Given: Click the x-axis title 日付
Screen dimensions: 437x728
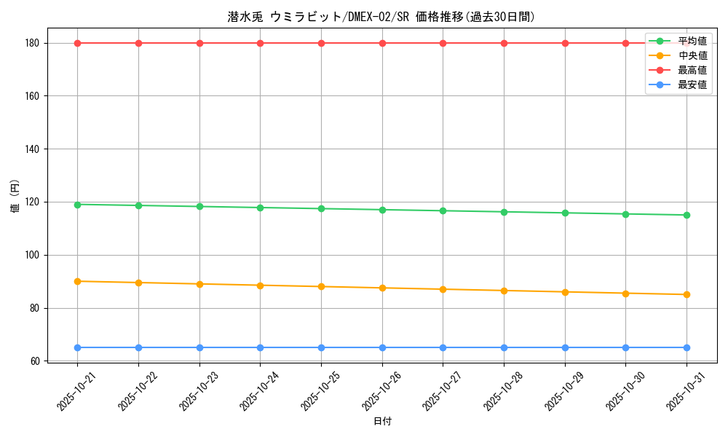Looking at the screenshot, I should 382,422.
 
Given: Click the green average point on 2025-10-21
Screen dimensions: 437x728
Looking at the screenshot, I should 77,205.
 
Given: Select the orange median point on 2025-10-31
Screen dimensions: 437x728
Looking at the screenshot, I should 687,294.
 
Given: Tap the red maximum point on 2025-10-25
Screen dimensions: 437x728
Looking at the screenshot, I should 321,43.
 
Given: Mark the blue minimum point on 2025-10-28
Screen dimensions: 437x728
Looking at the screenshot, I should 504,347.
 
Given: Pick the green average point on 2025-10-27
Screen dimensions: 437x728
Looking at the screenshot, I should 443,210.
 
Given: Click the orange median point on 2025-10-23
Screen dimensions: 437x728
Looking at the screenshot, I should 199,284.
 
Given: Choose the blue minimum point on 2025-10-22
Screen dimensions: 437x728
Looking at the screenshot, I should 138,347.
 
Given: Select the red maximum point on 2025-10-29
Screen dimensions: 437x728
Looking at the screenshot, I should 565,43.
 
